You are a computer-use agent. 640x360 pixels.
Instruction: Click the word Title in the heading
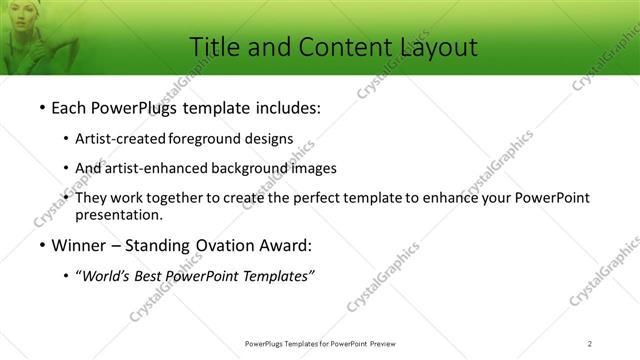click(214, 46)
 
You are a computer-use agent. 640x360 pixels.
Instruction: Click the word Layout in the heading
click(427, 46)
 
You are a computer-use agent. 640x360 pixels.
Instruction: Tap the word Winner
click(77, 244)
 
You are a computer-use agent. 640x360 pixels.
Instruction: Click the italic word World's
click(104, 277)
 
